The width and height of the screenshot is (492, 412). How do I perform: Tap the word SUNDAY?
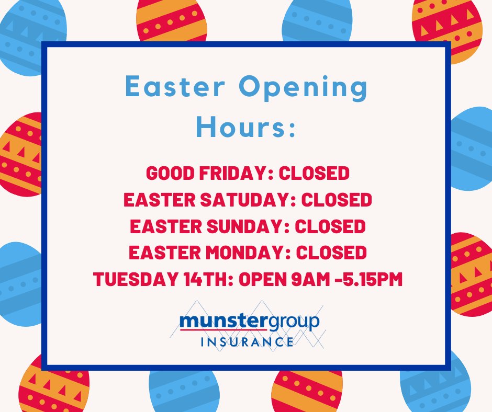click(x=247, y=226)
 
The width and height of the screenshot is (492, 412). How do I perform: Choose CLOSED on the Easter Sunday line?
click(x=330, y=226)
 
